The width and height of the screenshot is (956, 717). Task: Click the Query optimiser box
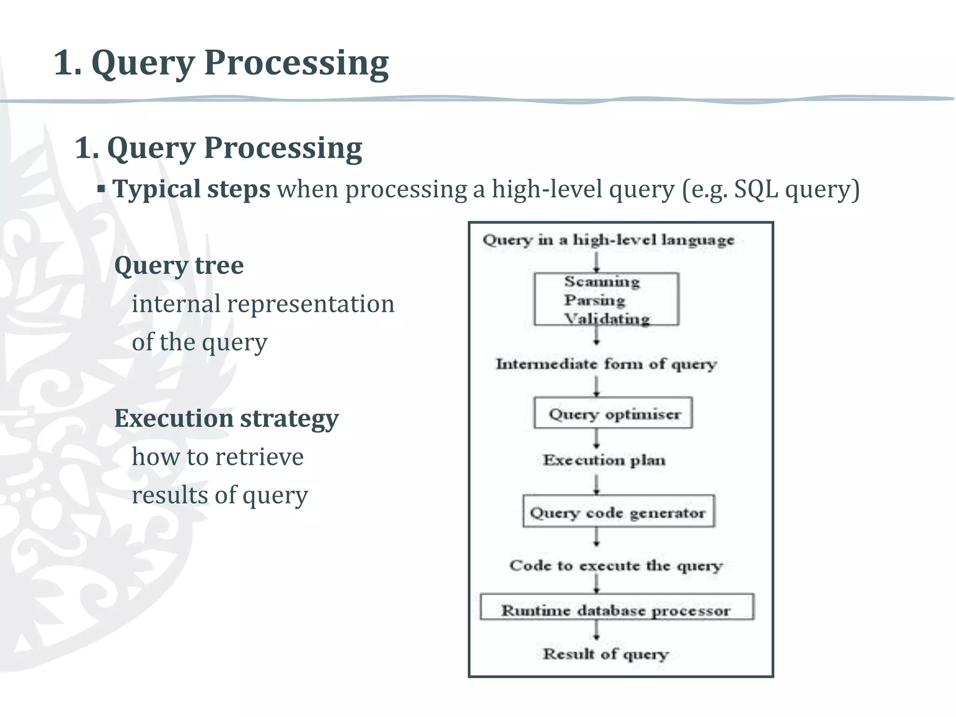(x=613, y=413)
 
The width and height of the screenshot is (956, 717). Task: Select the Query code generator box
(x=618, y=512)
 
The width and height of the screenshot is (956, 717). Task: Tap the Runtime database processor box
(x=617, y=607)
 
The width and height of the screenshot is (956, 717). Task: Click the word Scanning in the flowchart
(x=602, y=281)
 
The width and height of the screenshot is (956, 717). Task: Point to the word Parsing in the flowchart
(x=594, y=300)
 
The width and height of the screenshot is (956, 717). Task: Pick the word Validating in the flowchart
(x=607, y=318)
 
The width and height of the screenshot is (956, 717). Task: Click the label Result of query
(x=605, y=654)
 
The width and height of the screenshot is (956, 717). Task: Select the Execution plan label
(x=604, y=460)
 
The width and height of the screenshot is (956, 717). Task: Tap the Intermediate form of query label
(x=606, y=364)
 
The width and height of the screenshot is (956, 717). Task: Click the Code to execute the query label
(x=616, y=566)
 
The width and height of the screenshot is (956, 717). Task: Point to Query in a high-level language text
(x=608, y=240)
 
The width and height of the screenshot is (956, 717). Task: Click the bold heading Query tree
(x=179, y=266)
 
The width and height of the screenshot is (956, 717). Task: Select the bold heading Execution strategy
(x=226, y=418)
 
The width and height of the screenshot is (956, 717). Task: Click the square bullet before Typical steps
(x=101, y=190)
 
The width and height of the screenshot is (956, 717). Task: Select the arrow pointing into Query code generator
(x=597, y=485)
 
